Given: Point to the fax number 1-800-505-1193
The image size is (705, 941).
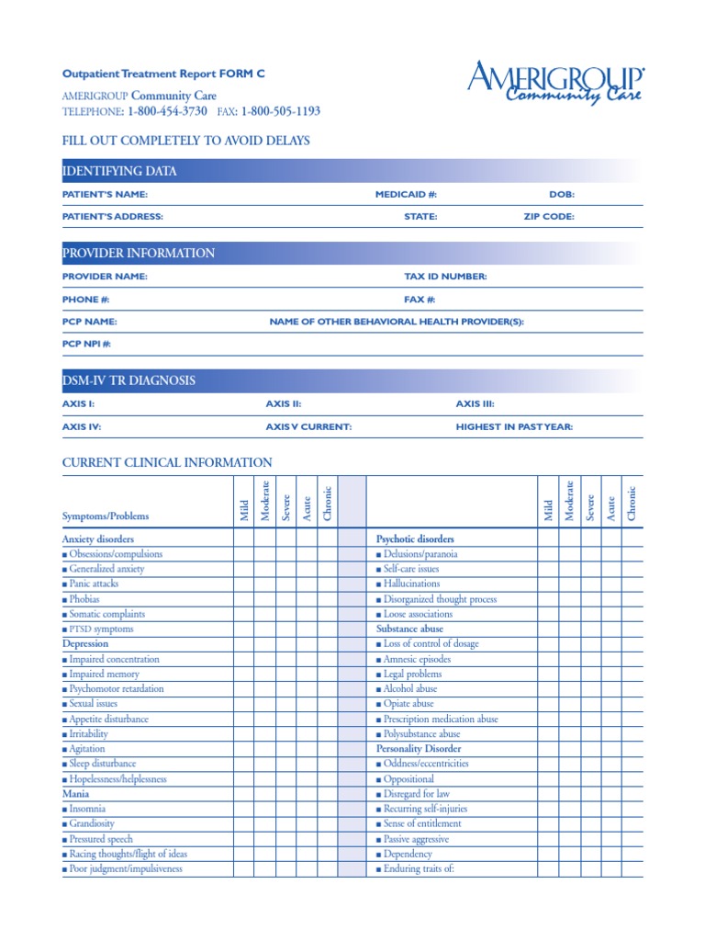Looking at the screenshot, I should tap(280, 111).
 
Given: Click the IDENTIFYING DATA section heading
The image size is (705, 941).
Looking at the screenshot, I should tap(119, 171).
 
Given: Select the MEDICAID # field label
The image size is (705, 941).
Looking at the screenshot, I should tap(406, 195).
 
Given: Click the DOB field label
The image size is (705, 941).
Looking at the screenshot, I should tap(561, 195).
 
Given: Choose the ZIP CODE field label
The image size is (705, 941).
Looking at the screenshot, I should tap(543, 217).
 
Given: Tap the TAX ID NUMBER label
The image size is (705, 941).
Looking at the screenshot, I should tap(445, 277).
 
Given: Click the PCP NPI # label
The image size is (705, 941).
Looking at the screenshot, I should tap(86, 344).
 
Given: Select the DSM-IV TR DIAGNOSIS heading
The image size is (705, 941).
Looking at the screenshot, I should tap(129, 380).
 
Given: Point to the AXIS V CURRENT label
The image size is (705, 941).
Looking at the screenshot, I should tap(308, 426).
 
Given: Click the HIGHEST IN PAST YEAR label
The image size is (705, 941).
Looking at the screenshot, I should tap(514, 426).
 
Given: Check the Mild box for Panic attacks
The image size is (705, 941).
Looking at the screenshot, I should tap(243, 584).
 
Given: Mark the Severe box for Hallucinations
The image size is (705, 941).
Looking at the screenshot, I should tap(590, 584).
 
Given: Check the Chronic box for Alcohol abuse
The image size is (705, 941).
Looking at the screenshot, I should tap(632, 688).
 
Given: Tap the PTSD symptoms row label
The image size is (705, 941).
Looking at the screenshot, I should tap(100, 629).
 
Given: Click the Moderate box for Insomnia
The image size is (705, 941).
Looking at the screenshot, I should tap(264, 809).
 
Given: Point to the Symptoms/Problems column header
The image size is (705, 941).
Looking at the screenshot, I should tap(105, 516).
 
